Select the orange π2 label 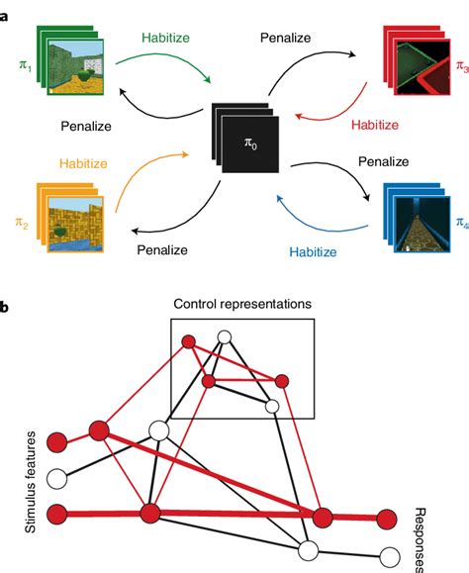pos(22,226)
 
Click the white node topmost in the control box pos(224,338)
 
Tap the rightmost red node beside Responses pos(385,518)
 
